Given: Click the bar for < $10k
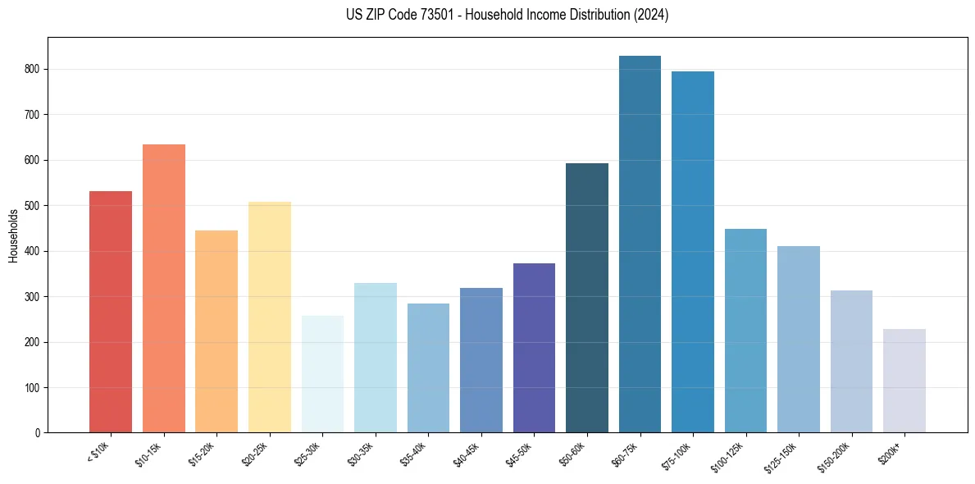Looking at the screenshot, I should tap(111, 312).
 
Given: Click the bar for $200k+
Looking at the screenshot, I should tap(904, 381).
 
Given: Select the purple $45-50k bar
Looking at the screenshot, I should tap(534, 348).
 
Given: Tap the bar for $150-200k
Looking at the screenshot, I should tap(851, 361).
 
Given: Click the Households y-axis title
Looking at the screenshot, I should tap(13, 235).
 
